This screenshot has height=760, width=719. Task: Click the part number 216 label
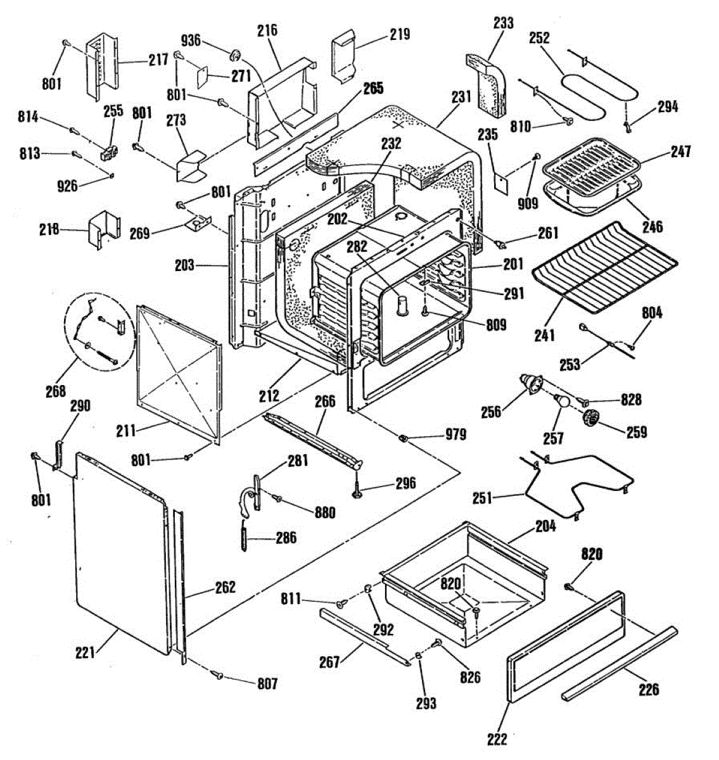267,30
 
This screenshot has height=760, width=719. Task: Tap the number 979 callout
455,434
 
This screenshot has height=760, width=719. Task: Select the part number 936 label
191,40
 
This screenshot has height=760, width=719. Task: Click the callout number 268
56,391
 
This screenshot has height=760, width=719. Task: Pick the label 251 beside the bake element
482,498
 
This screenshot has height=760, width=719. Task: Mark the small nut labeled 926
111,176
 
